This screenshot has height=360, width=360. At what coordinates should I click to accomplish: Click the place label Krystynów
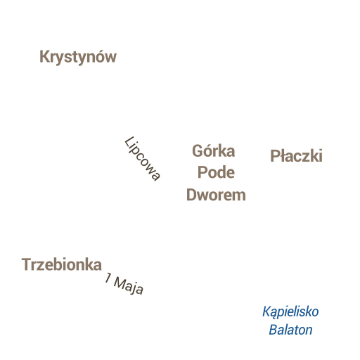tap(78, 57)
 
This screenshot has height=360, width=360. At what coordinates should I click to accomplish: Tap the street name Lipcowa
tap(143, 159)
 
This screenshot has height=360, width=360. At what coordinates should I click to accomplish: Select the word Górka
tap(214, 151)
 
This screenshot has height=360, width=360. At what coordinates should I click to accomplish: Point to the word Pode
tap(216, 172)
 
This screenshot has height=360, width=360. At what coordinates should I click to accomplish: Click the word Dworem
tap(216, 195)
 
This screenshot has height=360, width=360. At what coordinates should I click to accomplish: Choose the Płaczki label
tap(297, 156)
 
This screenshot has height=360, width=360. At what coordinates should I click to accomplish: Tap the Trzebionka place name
tap(62, 264)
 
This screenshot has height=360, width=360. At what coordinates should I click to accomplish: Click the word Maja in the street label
tap(129, 286)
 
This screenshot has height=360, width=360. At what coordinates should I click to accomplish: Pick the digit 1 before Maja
tap(108, 278)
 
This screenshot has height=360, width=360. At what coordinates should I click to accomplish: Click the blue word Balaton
tap(290, 330)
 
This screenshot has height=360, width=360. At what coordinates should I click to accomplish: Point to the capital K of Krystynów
tap(44, 57)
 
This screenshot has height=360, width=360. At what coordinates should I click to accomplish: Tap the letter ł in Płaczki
tap(283, 155)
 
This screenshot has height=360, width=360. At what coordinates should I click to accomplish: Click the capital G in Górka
tap(198, 151)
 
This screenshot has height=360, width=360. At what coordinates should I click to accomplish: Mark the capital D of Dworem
tap(191, 195)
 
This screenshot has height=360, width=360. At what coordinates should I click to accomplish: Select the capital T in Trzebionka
tap(27, 264)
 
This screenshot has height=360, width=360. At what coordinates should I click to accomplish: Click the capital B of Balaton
tap(274, 330)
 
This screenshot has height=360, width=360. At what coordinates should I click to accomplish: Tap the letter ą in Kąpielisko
tap(275, 314)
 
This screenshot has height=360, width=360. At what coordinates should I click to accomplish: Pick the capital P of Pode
tap(202, 172)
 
